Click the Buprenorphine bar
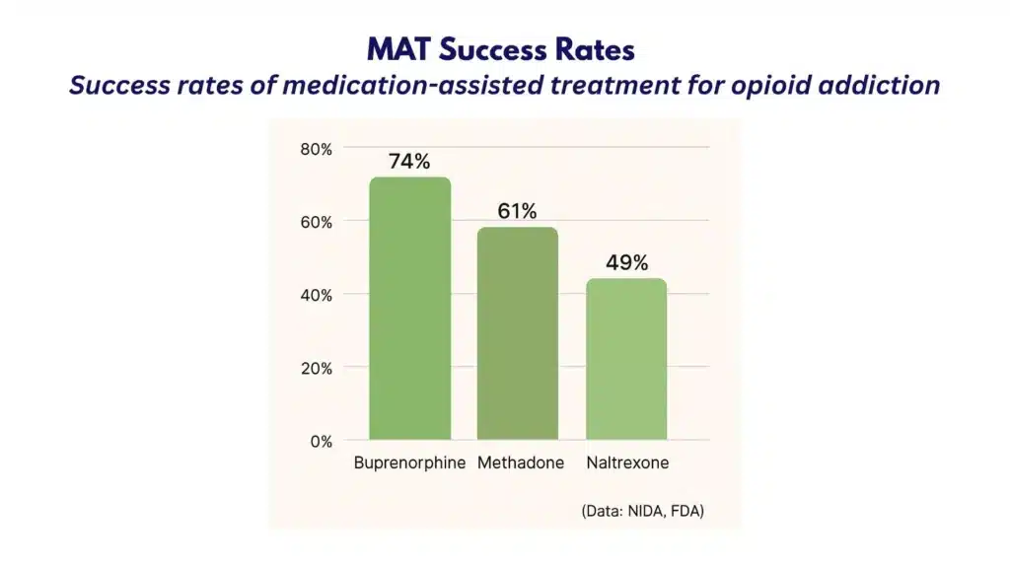[409, 308]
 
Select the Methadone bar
[517, 333]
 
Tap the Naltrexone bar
[625, 359]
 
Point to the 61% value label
[517, 212]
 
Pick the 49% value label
[626, 263]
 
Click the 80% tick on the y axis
[316, 149]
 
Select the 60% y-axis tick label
[316, 222]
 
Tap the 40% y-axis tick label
[316, 295]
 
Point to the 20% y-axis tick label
[316, 368]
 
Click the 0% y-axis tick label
[320, 441]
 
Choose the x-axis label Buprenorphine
[409, 463]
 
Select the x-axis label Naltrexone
[626, 463]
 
